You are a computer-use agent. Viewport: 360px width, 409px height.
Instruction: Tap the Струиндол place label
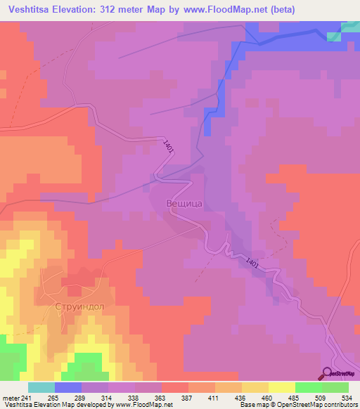[x=79, y=307]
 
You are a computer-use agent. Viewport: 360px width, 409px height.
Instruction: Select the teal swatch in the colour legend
[x=41, y=387]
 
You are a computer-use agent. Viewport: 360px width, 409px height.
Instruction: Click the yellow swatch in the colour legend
[x=282, y=387]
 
